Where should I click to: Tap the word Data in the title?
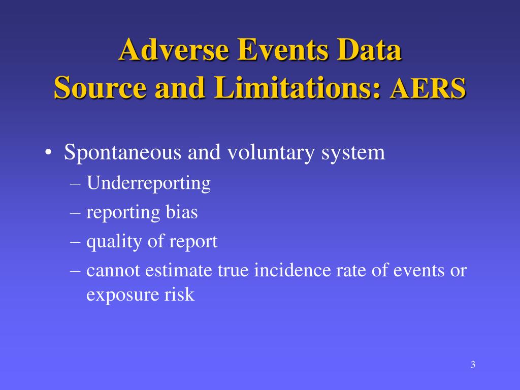[370, 51]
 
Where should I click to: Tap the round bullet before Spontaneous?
[48, 153]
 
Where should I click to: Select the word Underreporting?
[148, 183]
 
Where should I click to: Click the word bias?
[182, 212]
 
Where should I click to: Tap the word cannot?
[113, 271]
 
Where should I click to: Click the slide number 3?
[473, 365]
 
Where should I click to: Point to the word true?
[234, 271]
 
